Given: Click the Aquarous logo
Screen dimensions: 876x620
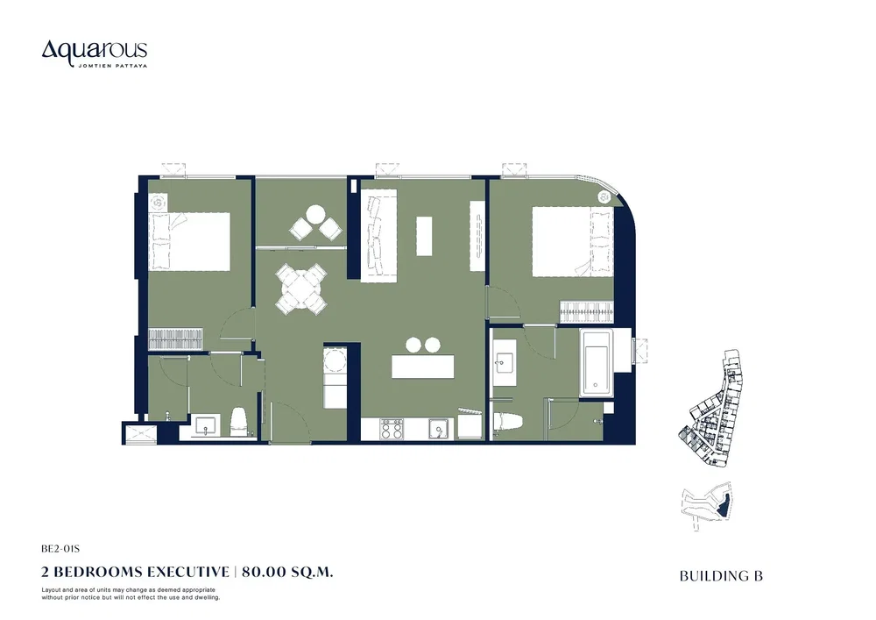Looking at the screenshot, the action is (x=95, y=53).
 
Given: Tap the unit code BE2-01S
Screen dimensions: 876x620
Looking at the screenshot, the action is (x=60, y=549).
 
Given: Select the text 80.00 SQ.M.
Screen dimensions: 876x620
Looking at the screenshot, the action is (x=287, y=572).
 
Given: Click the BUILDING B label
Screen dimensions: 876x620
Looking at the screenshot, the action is (x=721, y=576).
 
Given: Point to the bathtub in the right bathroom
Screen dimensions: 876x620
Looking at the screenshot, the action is (x=597, y=363).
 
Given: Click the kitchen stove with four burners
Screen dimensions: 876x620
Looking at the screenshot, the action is (x=392, y=429).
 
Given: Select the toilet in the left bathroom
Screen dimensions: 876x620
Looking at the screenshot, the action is (x=239, y=422).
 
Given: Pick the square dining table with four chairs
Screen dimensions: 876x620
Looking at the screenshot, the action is (x=300, y=289).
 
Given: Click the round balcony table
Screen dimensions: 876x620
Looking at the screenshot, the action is (x=315, y=215).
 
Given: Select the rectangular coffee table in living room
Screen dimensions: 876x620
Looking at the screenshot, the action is (x=424, y=235).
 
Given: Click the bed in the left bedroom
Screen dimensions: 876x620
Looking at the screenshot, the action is (x=189, y=241).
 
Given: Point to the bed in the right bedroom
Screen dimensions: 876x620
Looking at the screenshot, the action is (x=572, y=241).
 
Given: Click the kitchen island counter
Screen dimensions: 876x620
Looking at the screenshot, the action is (x=423, y=367).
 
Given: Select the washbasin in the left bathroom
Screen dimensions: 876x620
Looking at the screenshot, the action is (x=208, y=426).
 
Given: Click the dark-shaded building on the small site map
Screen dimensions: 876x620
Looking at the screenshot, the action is (x=723, y=505).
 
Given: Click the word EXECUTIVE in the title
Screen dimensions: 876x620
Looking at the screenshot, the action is (x=188, y=572).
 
